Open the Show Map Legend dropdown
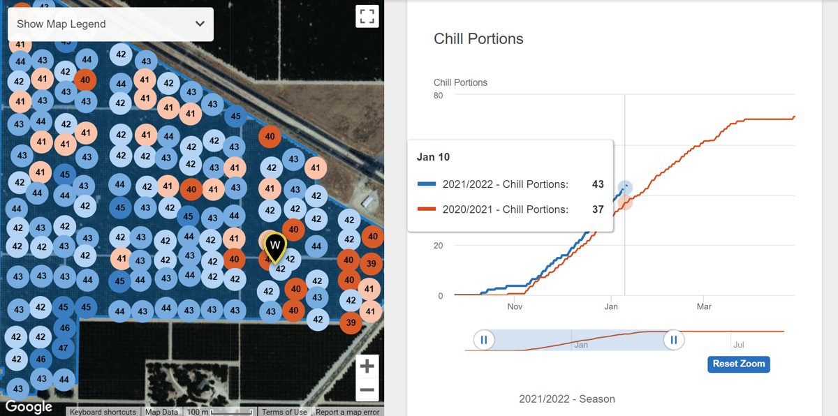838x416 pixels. [110, 24]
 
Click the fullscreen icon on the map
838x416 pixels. [367, 16]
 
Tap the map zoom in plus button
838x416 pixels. [367, 366]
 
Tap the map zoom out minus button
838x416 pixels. [367, 390]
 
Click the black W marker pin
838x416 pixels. [276, 246]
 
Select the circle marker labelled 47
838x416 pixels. [64, 348]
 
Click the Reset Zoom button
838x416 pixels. [739, 364]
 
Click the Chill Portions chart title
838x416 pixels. [478, 39]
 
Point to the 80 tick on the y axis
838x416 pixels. [438, 96]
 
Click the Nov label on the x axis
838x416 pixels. [515, 306]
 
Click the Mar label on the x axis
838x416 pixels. [704, 306]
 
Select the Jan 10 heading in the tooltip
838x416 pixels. [433, 157]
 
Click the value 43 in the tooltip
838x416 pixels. [597, 184]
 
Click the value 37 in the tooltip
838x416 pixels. [597, 209]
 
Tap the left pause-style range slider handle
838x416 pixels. [483, 340]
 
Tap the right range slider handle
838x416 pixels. [674, 340]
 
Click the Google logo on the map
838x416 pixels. [29, 407]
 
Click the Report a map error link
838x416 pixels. [347, 412]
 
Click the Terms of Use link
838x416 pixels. [284, 412]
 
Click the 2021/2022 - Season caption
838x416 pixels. [566, 399]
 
